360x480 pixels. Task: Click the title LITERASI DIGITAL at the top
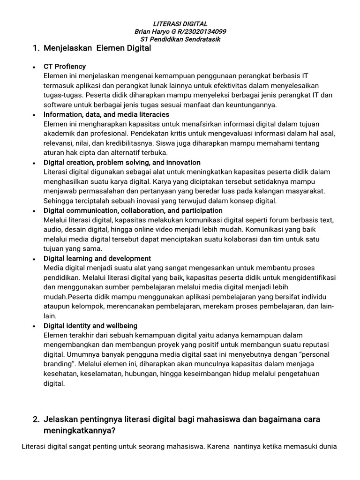[x=180, y=24]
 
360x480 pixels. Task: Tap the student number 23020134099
[x=204, y=31]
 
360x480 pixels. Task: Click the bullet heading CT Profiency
[x=65, y=67]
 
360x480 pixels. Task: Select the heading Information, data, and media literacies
[x=106, y=114]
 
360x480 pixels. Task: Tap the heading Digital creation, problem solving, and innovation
[x=122, y=163]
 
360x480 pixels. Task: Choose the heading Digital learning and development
[x=97, y=258]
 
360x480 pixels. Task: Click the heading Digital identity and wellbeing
[x=90, y=325]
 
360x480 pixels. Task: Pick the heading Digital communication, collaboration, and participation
[x=133, y=210]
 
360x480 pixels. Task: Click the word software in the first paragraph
[x=57, y=105]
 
